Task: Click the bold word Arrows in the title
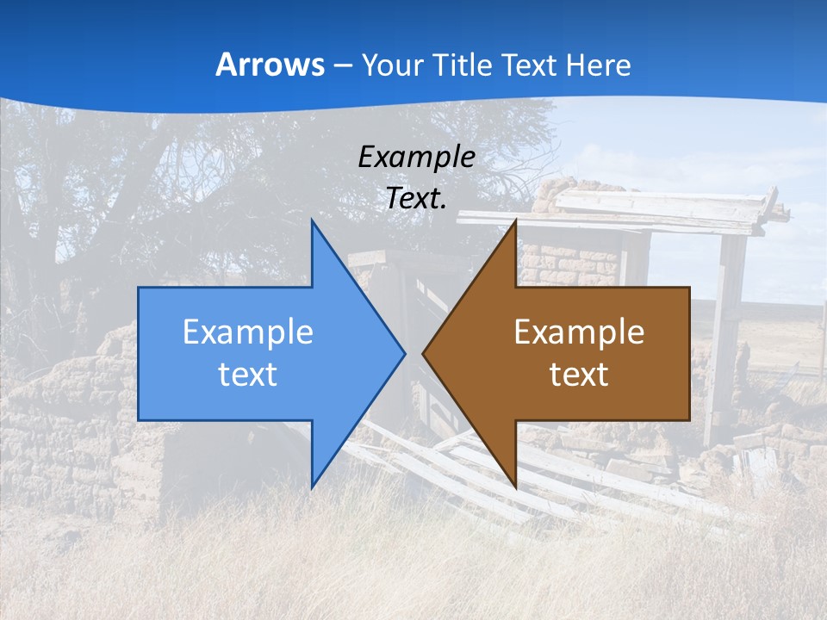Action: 270,65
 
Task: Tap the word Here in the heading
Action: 599,65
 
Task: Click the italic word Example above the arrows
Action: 416,157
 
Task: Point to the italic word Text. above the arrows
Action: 416,198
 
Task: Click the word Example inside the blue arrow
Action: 247,332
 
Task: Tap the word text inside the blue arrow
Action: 247,374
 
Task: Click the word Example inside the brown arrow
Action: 579,332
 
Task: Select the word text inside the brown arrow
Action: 579,374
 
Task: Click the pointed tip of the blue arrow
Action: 402,352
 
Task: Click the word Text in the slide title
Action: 532,65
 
